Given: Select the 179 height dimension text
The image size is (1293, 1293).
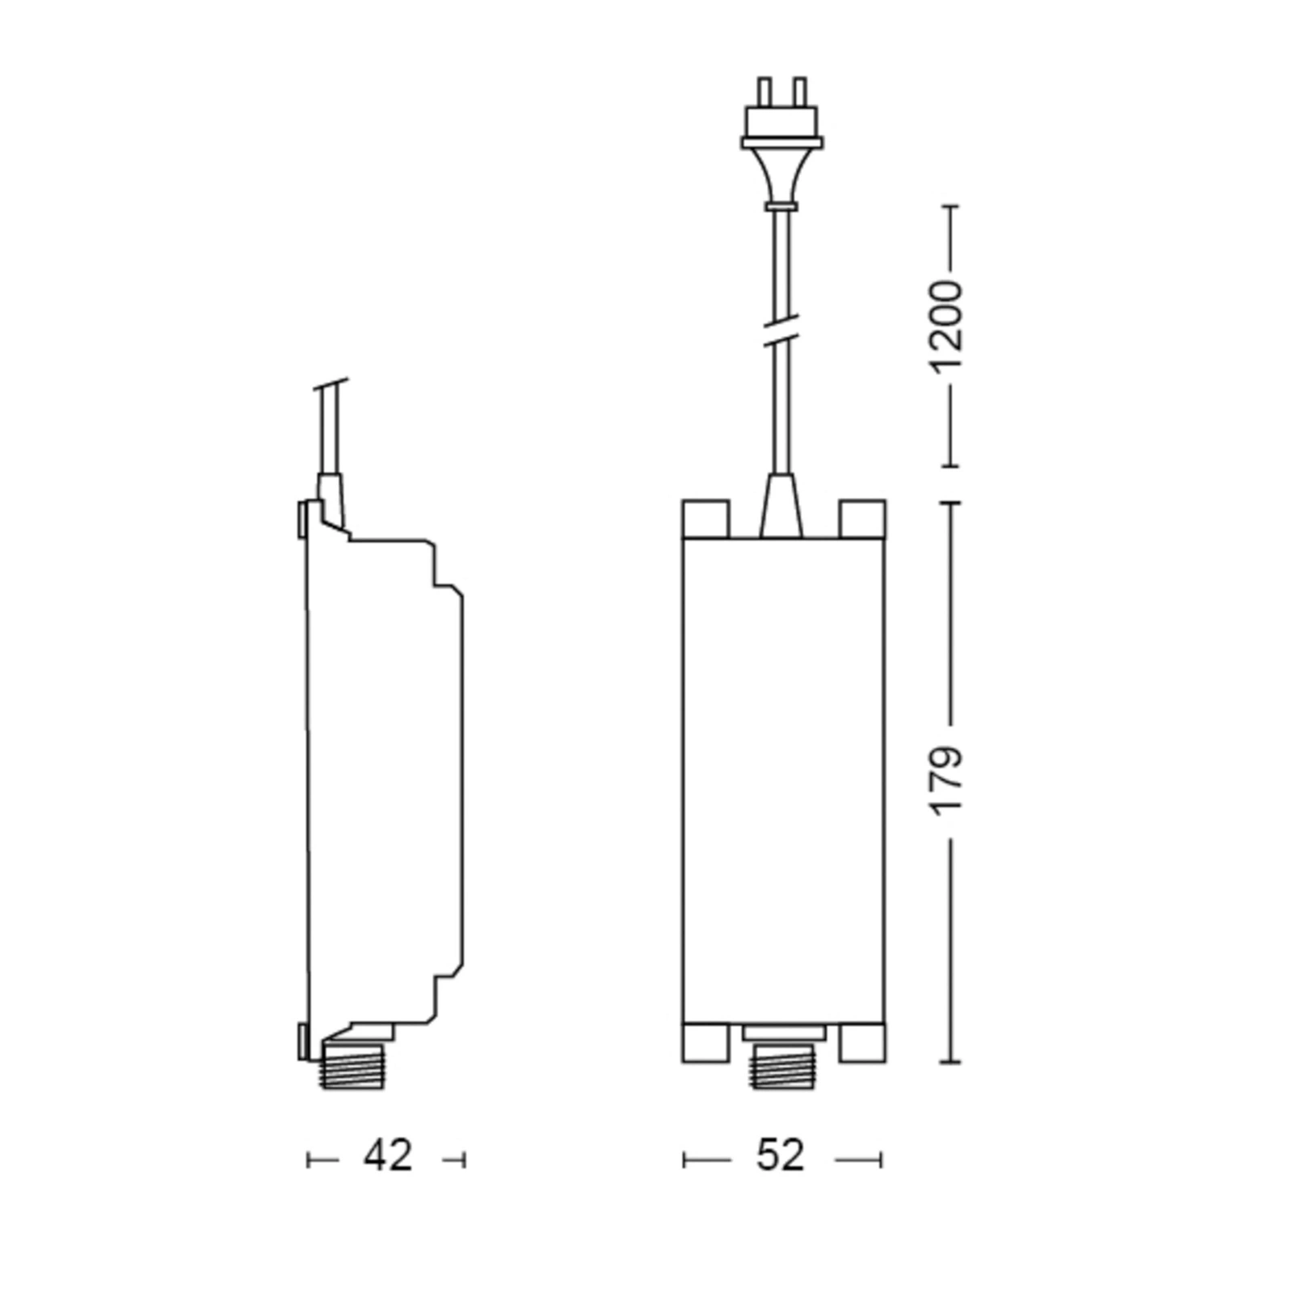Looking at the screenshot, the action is (948, 781).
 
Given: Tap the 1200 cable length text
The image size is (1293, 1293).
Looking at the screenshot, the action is (948, 326).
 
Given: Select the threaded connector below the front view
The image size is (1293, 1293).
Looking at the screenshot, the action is (781, 1066).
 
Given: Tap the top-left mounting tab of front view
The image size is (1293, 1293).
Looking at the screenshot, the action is (705, 519).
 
